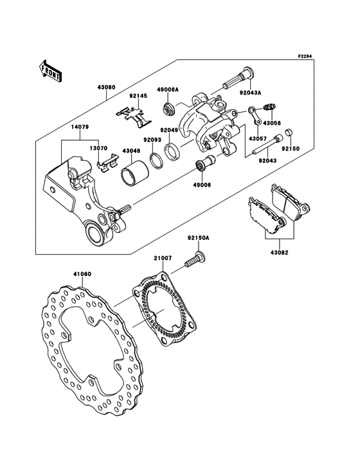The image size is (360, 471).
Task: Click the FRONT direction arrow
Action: tap(51, 69)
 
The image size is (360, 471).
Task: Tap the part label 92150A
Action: tap(199, 237)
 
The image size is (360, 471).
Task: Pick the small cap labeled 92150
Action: tap(289, 133)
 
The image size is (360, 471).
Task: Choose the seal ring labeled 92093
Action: tap(156, 160)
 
